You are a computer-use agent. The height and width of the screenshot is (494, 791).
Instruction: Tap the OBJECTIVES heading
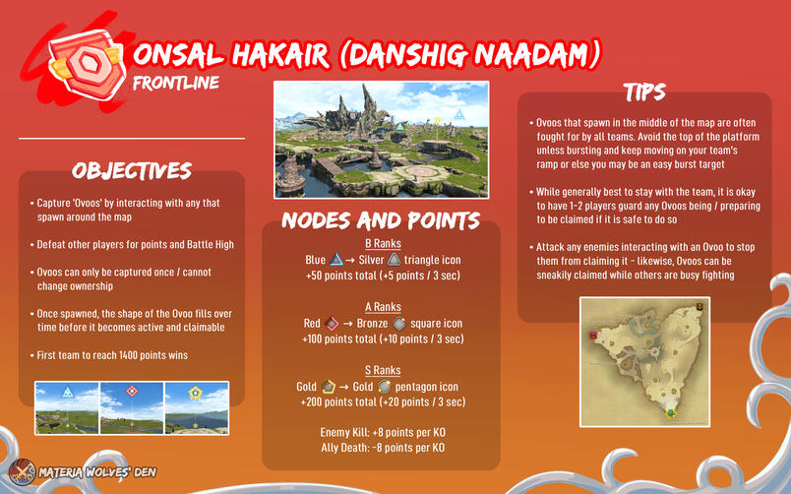point(131,170)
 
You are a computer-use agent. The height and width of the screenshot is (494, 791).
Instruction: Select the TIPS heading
point(643,93)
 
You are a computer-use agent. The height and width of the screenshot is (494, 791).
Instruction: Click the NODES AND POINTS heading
point(382,219)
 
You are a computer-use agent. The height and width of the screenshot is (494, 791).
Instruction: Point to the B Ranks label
point(381,243)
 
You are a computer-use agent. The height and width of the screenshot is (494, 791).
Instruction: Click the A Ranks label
point(381,306)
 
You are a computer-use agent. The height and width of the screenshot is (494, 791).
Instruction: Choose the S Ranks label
point(381,370)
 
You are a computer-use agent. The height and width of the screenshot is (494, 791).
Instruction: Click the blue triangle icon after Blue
point(336,260)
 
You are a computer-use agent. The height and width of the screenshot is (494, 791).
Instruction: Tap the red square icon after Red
point(333,323)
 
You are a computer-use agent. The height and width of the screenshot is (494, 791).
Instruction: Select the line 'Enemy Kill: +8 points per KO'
point(381,432)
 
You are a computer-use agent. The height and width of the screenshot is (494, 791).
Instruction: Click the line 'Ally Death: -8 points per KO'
point(381,448)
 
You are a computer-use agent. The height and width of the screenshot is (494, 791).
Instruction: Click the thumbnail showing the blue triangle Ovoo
point(66,406)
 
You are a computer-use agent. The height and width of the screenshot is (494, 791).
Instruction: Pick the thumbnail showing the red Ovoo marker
point(131,406)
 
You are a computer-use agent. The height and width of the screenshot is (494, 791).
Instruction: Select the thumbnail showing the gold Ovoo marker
point(196,406)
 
